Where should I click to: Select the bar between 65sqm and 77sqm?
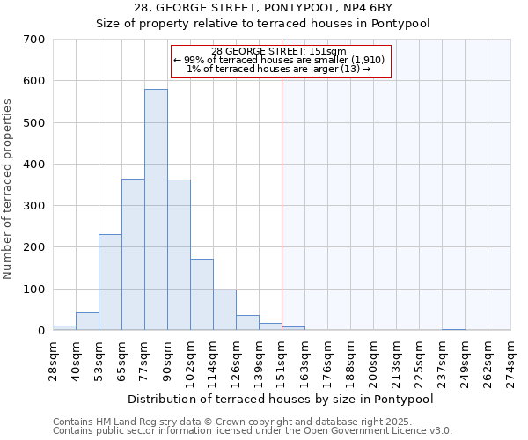133,254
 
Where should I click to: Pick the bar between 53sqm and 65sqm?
110,282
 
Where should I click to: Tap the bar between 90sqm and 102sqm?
179,254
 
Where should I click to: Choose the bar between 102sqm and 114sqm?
202,294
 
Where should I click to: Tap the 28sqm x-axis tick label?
54,360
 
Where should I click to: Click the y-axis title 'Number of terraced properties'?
9,188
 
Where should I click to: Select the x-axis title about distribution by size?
281,399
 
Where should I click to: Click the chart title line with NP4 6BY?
263,9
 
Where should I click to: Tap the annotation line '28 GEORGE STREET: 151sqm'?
279,51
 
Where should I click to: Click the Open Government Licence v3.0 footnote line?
253,430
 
